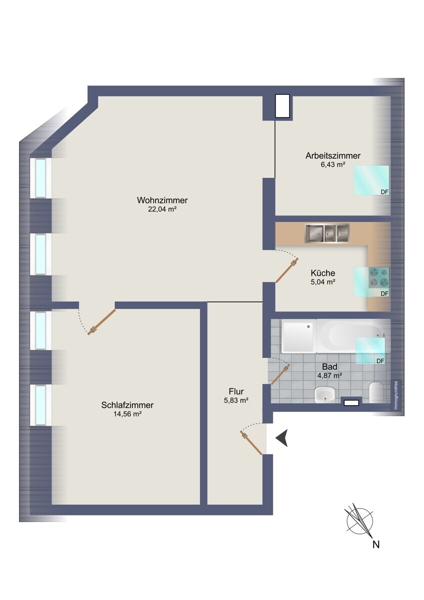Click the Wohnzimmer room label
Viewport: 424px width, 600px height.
pos(162,200)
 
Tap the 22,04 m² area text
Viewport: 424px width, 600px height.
pos(162,209)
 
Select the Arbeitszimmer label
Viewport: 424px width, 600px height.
pos(333,155)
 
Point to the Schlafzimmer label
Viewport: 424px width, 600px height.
pos(127,405)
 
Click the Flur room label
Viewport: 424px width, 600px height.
pos(236,391)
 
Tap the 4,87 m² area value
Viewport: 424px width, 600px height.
pos(329,375)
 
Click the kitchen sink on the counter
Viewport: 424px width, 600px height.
pos(327,233)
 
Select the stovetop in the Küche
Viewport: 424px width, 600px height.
pos(378,277)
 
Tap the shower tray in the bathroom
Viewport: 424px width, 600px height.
pos(299,336)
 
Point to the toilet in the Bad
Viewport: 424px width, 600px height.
pos(376,392)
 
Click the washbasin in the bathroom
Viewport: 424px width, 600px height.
pos(325,395)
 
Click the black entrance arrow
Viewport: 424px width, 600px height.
pos(282,438)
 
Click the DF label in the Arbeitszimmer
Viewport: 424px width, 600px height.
pos(384,192)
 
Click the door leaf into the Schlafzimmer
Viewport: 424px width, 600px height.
pos(101,322)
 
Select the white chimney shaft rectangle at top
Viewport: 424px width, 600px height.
pos(282,106)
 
